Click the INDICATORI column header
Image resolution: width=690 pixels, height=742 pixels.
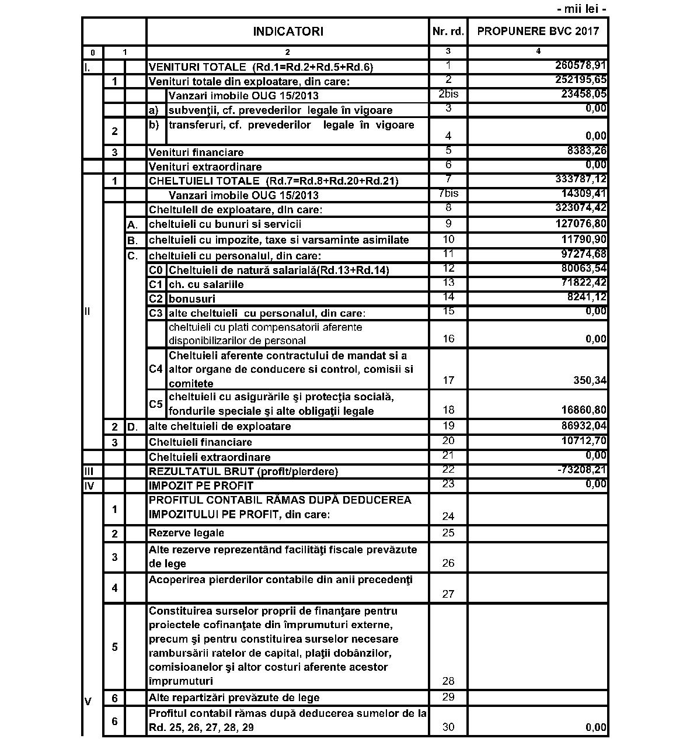288,32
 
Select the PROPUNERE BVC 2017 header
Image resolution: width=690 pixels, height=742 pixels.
538,32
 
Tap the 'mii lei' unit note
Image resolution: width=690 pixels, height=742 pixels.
582,9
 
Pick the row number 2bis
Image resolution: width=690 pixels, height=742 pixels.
448,94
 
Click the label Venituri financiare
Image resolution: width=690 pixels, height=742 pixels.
196,152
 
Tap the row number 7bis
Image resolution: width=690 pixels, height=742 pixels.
448,194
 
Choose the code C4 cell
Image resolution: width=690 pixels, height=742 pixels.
156,369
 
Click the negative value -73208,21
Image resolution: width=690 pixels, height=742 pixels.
581,470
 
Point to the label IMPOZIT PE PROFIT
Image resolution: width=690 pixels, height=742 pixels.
201,486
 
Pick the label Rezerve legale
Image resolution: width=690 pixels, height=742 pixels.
186,533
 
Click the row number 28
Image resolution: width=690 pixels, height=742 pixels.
448,681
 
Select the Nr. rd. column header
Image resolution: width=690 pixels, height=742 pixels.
448,32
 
